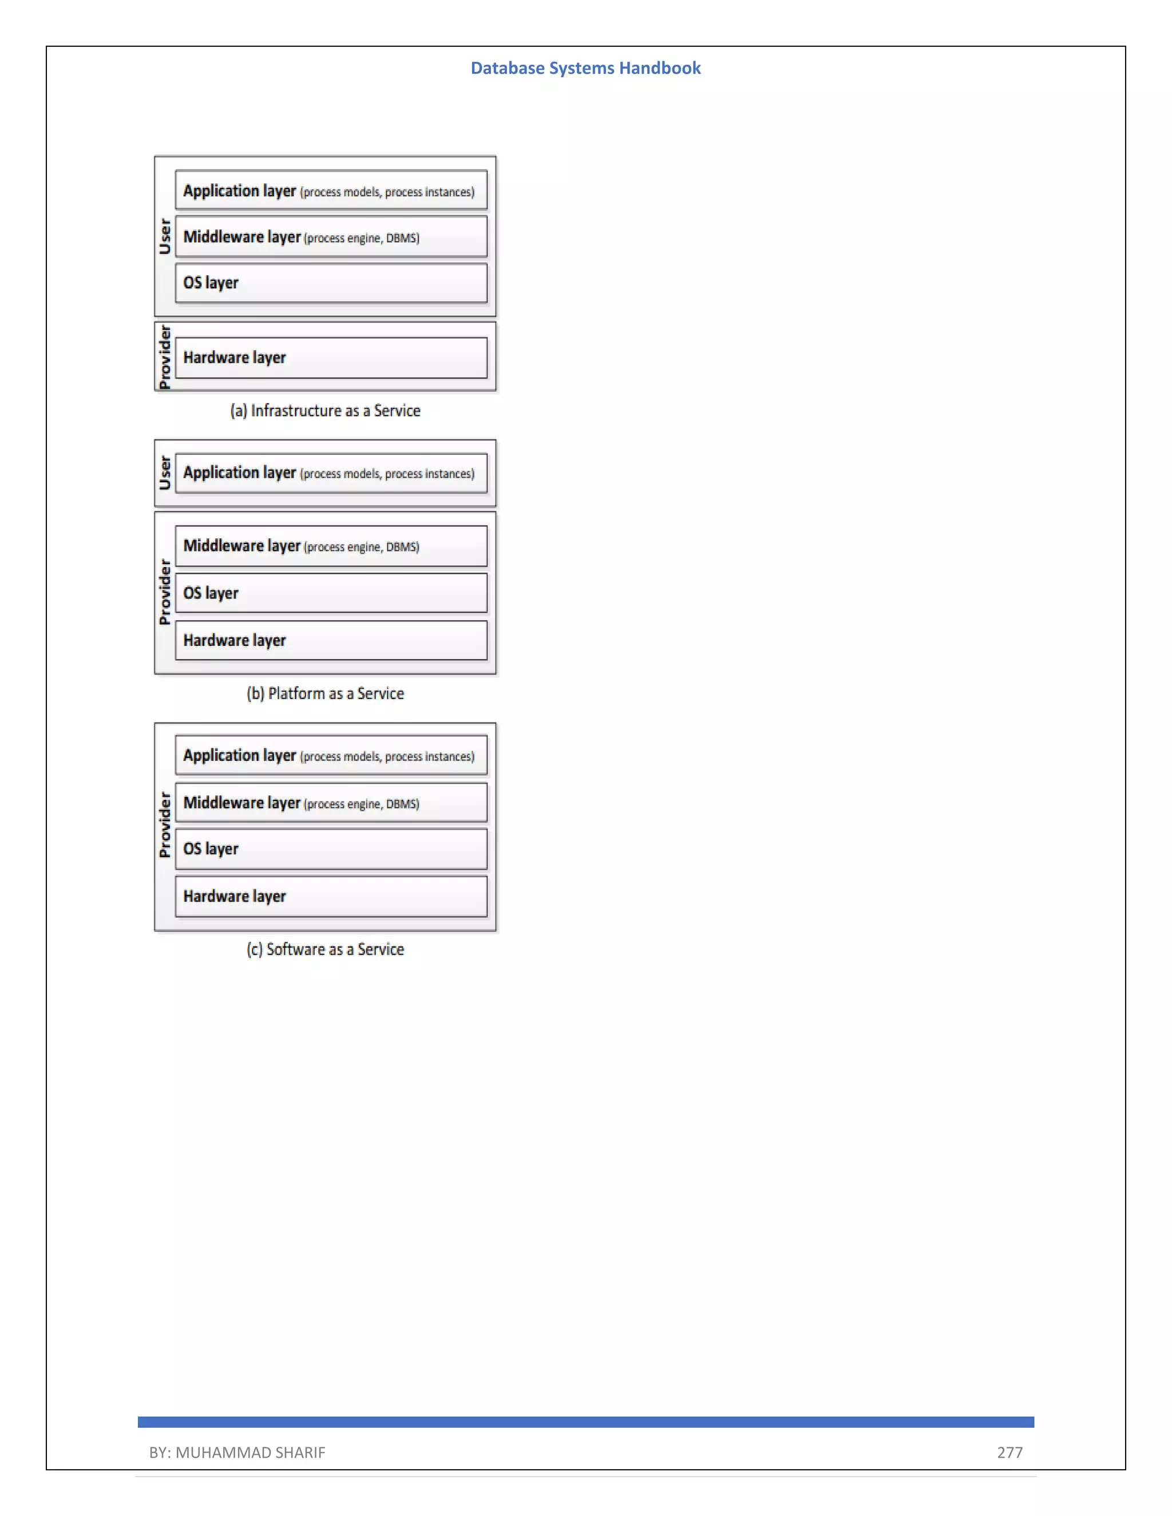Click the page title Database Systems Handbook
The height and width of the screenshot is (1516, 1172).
pos(585,68)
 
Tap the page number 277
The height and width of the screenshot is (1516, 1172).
pos(1009,1452)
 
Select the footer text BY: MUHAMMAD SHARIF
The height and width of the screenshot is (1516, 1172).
pos(237,1452)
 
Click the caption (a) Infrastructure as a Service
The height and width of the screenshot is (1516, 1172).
pos(325,410)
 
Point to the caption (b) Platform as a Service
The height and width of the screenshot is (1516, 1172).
pos(325,693)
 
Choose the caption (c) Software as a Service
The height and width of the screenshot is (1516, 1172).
pos(325,949)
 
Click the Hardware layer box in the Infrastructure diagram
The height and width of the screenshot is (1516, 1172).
pos(331,358)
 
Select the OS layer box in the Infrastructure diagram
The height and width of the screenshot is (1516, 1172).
pos(331,283)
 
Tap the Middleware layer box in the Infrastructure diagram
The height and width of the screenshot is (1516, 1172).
pos(331,237)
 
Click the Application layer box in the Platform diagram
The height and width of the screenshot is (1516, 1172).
pos(331,473)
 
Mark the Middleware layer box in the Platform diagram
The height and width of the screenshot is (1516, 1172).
pos(331,546)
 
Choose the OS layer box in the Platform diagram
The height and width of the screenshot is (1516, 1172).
pos(331,593)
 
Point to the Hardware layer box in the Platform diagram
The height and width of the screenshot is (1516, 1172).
pos(331,640)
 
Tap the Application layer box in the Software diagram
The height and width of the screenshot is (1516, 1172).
pos(331,755)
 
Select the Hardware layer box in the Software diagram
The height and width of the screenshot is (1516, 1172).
pos(331,896)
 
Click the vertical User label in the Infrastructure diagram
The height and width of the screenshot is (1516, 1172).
pos(165,237)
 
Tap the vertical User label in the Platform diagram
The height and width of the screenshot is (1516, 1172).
pos(165,473)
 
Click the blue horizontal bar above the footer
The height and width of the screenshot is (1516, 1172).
pos(585,1422)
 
